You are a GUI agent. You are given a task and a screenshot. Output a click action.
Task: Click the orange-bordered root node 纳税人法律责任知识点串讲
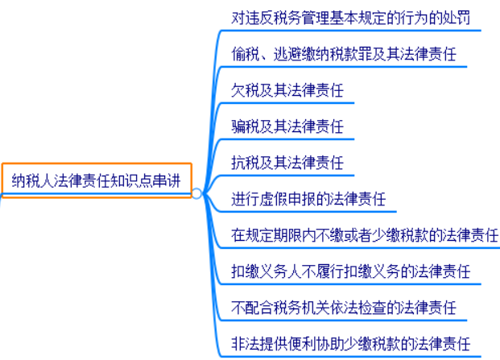coord(97,180)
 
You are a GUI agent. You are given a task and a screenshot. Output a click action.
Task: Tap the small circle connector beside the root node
coord(196,193)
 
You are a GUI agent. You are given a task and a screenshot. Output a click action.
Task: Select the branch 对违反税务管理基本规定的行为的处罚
coord(350,18)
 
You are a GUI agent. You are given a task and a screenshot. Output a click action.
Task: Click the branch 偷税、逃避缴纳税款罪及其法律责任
coord(344,54)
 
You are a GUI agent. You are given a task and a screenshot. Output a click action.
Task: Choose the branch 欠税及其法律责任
coord(287,90)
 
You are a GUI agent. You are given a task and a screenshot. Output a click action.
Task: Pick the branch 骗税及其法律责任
coord(287,126)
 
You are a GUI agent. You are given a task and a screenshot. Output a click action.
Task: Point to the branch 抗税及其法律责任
coord(287,163)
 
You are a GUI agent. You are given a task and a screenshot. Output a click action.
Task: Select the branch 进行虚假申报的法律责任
coord(308,199)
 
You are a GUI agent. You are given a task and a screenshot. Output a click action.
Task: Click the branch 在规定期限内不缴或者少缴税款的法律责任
coord(365,235)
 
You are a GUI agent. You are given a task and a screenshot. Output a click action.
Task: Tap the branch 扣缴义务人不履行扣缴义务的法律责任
coord(350,271)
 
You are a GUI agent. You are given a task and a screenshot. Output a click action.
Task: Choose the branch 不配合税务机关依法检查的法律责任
coord(344,308)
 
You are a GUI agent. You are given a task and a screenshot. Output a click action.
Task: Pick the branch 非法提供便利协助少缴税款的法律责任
coord(350,344)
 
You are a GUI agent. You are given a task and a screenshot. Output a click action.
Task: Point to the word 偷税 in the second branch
coord(246,54)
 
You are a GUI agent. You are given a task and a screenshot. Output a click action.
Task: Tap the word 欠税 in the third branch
coord(246,90)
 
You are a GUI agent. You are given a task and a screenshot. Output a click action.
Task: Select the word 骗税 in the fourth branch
coord(246,126)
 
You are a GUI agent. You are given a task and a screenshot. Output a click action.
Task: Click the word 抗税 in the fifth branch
coord(246,163)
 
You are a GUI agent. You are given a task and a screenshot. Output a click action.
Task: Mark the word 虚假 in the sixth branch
coord(273,199)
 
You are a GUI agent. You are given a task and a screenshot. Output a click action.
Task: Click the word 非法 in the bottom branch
coord(246,344)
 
